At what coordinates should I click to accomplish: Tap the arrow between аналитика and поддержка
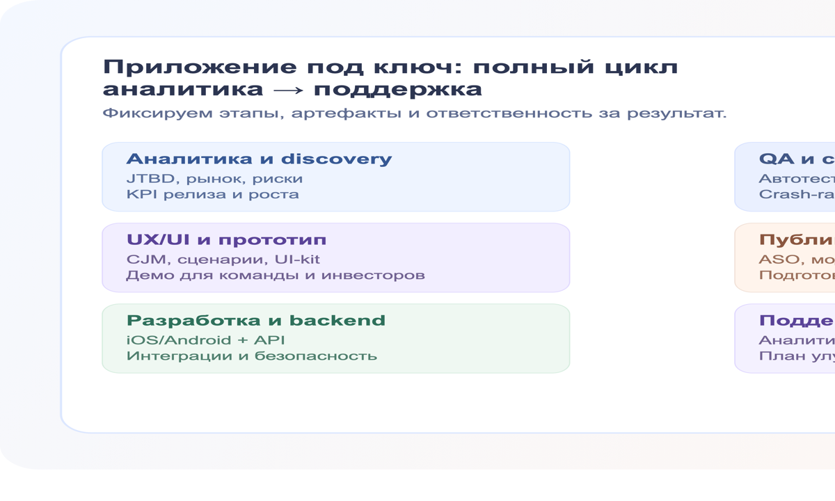pyautogui.click(x=288, y=90)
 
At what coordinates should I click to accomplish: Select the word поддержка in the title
pyautogui.click(x=397, y=90)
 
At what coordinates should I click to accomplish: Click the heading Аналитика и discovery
pyautogui.click(x=259, y=159)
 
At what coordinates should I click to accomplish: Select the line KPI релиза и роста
pyautogui.click(x=212, y=194)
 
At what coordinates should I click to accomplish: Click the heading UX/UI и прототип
pyautogui.click(x=226, y=240)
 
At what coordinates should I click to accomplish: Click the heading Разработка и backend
pyautogui.click(x=255, y=321)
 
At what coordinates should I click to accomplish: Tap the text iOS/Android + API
pyautogui.click(x=205, y=340)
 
